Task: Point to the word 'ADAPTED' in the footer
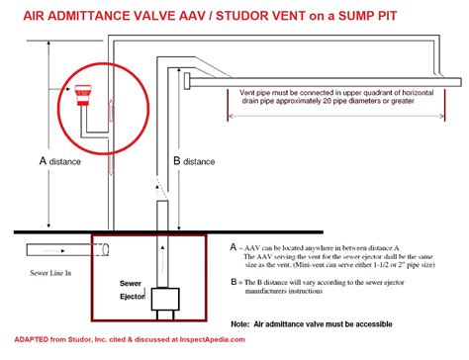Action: point(30,348)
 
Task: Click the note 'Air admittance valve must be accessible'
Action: point(341,323)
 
